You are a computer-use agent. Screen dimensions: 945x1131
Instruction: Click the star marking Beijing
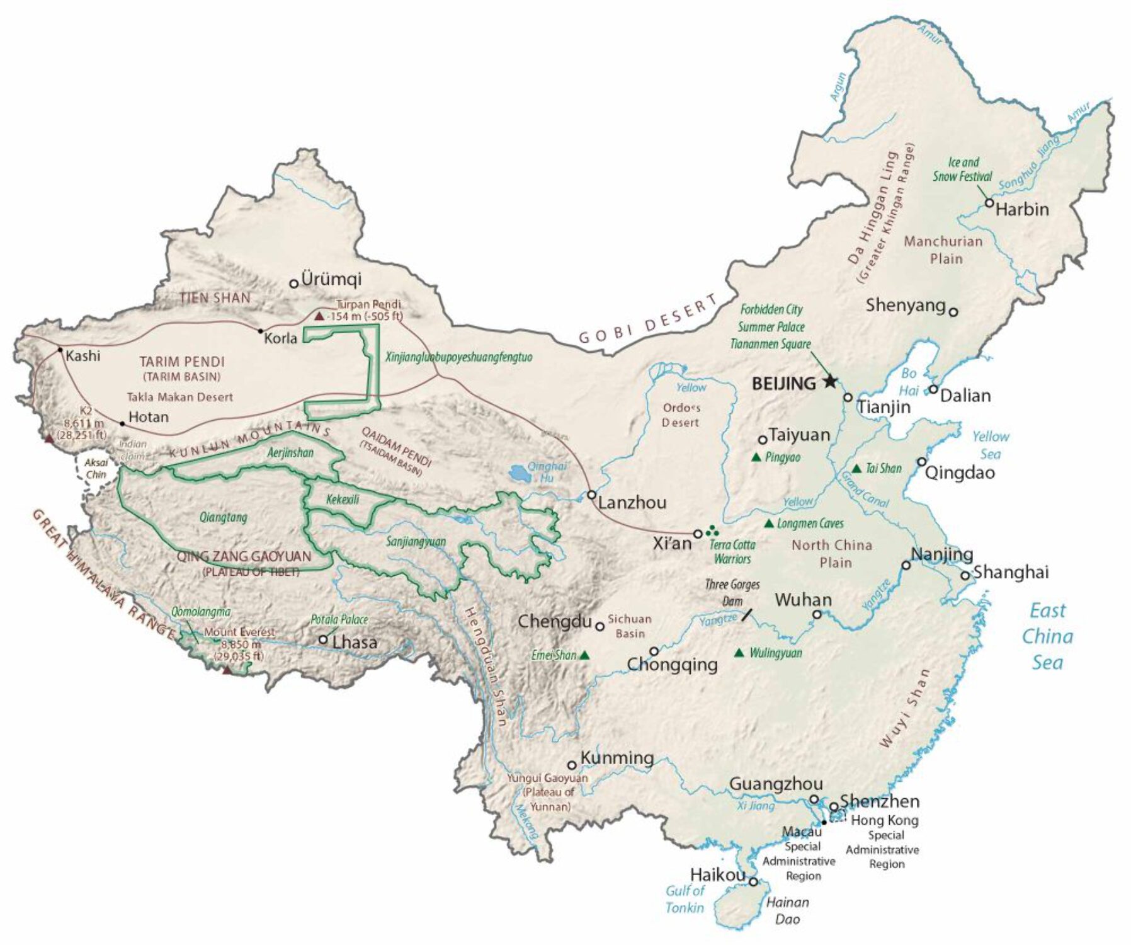[830, 381]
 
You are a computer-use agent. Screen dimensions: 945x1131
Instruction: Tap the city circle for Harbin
[989, 203]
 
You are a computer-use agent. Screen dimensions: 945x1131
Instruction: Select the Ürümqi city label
[331, 279]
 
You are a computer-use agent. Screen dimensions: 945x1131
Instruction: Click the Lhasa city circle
[323, 639]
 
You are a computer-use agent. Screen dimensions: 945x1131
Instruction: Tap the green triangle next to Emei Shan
[584, 655]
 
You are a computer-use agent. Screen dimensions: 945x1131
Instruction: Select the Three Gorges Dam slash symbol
[747, 614]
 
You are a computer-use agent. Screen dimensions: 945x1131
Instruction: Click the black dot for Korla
[260, 331]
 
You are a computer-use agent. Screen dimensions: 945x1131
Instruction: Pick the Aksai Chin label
[96, 469]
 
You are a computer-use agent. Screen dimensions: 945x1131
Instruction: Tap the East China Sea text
[1047, 636]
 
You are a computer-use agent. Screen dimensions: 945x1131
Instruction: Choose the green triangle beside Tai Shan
[856, 469]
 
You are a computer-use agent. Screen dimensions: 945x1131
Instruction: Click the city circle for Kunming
[572, 765]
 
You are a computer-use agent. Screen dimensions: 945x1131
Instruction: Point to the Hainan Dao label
[787, 910]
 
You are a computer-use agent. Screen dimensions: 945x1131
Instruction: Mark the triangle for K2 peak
[49, 438]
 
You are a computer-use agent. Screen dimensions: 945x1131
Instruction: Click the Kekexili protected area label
[343, 500]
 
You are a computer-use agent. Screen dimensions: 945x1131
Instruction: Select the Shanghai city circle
[965, 575]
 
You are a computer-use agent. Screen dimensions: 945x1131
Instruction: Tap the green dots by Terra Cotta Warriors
[712, 530]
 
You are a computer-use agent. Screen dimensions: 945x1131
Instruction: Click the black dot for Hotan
[122, 424]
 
